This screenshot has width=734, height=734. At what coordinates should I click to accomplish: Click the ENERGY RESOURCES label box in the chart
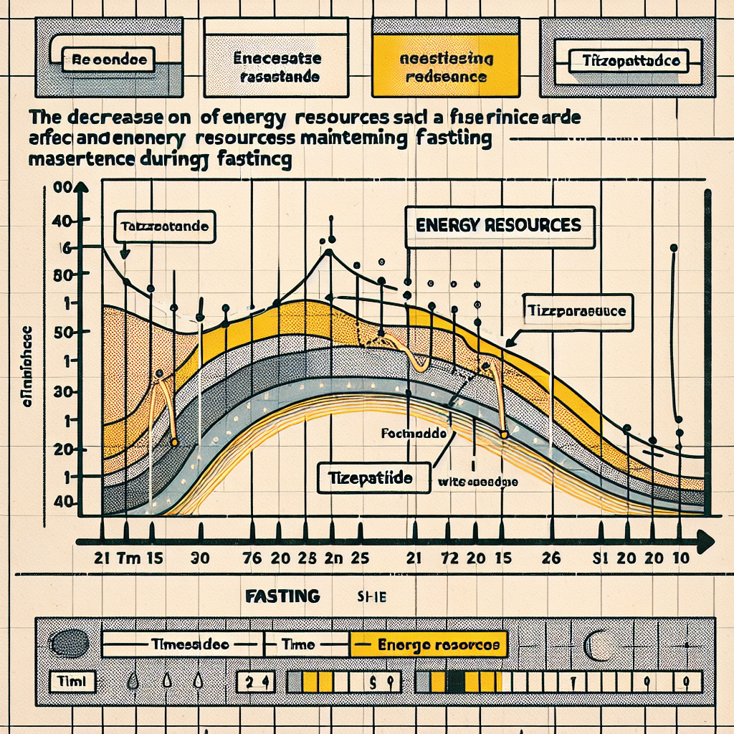click(499, 225)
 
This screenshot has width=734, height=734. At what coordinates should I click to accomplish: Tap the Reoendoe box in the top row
click(110, 60)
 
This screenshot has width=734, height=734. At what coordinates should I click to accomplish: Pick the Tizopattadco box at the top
click(627, 61)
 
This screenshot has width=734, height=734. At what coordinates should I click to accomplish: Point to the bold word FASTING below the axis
click(282, 596)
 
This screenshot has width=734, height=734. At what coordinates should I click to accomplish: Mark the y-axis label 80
click(65, 275)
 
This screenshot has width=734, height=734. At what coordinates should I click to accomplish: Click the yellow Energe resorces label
click(428, 644)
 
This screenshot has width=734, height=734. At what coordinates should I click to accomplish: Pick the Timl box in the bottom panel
click(70, 680)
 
